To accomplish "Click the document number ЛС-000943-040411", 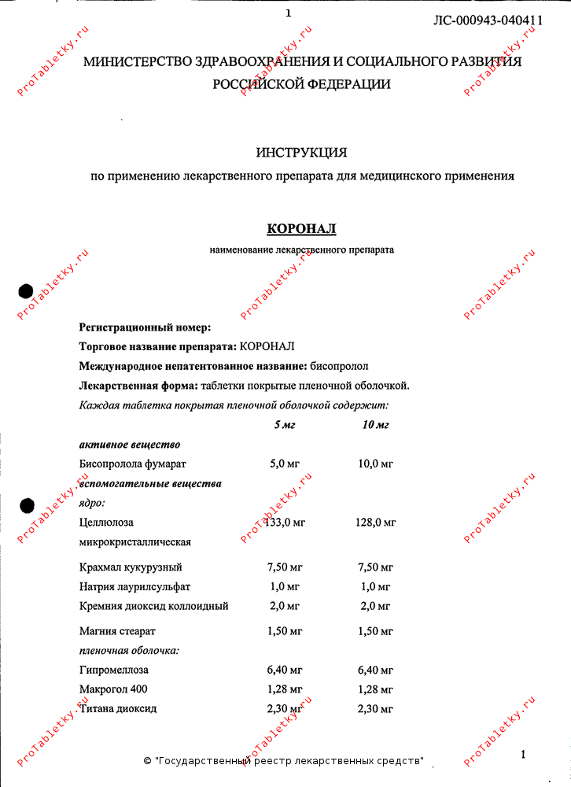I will click(x=488, y=20).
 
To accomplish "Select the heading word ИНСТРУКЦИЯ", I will click(x=301, y=152).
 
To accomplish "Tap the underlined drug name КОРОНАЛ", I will click(x=301, y=229).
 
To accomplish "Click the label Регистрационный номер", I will click(x=146, y=327).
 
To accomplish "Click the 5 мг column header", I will click(x=285, y=425).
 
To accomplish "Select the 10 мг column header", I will click(x=375, y=425).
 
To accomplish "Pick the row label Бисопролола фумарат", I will click(x=133, y=464).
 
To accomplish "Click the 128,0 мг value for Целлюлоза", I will click(x=375, y=522).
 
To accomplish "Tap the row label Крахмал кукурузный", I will click(x=131, y=567).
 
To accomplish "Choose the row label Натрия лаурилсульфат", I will click(x=134, y=586).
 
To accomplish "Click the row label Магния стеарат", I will click(x=117, y=631).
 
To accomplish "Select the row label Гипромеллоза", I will click(x=114, y=671).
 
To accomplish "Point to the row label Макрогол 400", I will click(x=114, y=689).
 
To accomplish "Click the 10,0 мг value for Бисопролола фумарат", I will click(x=375, y=464).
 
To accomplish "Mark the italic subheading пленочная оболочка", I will click(x=129, y=651).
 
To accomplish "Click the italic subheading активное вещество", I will click(x=130, y=445).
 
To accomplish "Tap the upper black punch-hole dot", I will click(x=27, y=291).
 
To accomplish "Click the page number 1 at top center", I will click(x=288, y=13).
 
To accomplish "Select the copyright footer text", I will click(x=284, y=761).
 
